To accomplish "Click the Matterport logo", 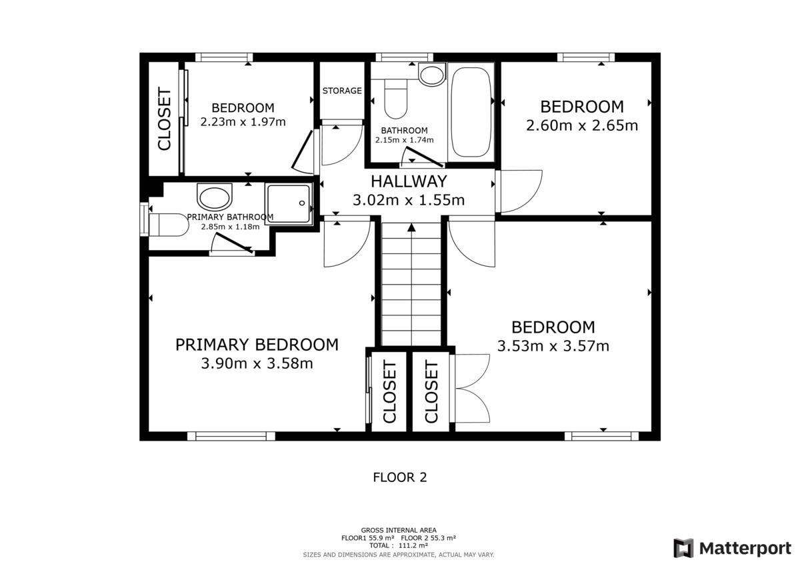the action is click(733, 548).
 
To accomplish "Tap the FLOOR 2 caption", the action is click(399, 477).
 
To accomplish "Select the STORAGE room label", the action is click(342, 91).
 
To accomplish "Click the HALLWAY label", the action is click(409, 181).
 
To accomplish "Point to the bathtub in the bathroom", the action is click(471, 112).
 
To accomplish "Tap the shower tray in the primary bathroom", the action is click(289, 203).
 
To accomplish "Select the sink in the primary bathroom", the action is click(214, 197).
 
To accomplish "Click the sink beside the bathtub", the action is click(432, 74).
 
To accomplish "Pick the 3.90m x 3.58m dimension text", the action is click(257, 363).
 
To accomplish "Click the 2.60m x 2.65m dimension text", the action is click(582, 125).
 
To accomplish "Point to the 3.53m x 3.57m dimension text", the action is click(553, 346).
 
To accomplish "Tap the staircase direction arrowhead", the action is click(411, 227).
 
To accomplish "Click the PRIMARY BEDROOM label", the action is click(257, 345).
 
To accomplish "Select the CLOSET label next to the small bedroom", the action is click(165, 119).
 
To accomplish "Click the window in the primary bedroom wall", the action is click(231, 436).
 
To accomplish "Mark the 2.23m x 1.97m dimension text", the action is click(243, 122).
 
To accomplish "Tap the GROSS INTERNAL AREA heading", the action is click(399, 530).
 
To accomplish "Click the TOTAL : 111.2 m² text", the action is click(399, 545).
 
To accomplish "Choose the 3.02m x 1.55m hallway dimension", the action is click(409, 200).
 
